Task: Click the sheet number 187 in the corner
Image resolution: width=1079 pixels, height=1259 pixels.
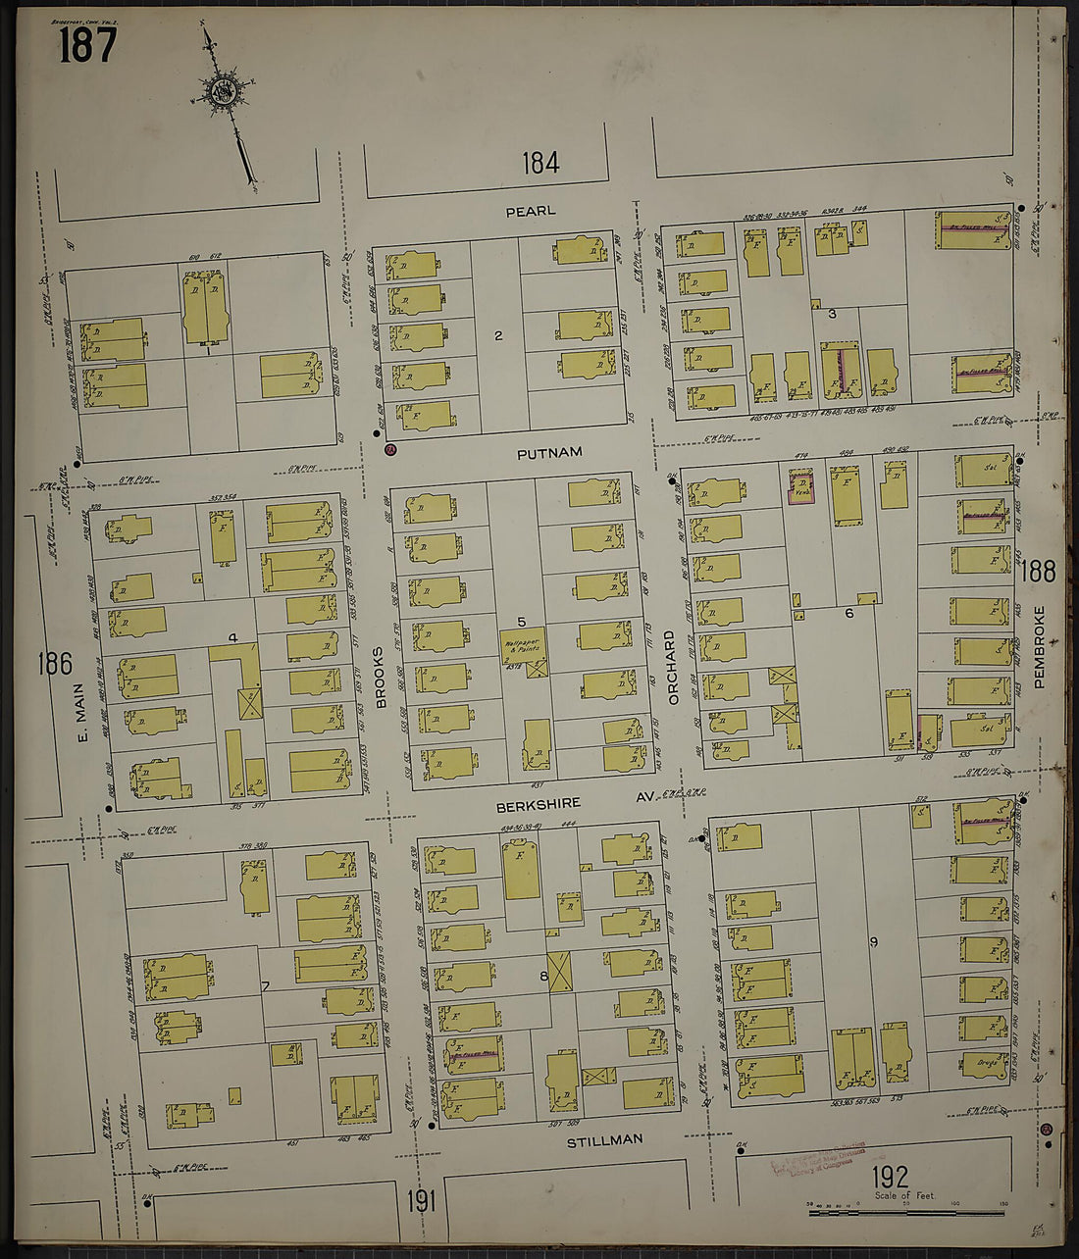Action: tap(87, 45)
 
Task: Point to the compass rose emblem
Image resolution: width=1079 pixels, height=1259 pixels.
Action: tap(221, 93)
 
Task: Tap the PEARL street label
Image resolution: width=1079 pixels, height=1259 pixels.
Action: tap(530, 211)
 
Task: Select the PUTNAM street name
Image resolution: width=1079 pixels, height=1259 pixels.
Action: tap(550, 452)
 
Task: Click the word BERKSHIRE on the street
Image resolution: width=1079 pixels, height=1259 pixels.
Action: tap(538, 803)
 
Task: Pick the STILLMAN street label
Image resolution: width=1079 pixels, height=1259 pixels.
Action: tap(605, 1139)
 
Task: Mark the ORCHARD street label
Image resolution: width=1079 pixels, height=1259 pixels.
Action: tap(672, 666)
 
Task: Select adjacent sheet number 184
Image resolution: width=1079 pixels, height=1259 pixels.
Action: tap(539, 163)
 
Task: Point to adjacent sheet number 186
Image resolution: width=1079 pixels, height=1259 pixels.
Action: tap(55, 664)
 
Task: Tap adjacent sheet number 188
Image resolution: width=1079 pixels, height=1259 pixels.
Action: tap(1038, 571)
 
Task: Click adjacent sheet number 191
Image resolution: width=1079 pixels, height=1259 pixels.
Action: tap(420, 1200)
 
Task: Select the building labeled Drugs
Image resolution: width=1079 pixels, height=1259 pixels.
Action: tap(985, 1062)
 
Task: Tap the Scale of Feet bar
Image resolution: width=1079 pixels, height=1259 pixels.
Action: tap(907, 1214)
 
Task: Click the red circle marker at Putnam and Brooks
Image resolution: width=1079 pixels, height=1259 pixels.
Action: tap(389, 449)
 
